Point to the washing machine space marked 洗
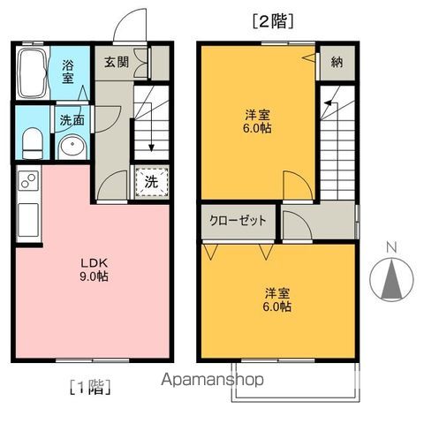(150, 183)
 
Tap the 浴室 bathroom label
(69, 71)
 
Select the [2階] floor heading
(272, 19)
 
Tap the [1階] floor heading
(90, 385)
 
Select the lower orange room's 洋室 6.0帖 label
(275, 299)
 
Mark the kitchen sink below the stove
(26, 216)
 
